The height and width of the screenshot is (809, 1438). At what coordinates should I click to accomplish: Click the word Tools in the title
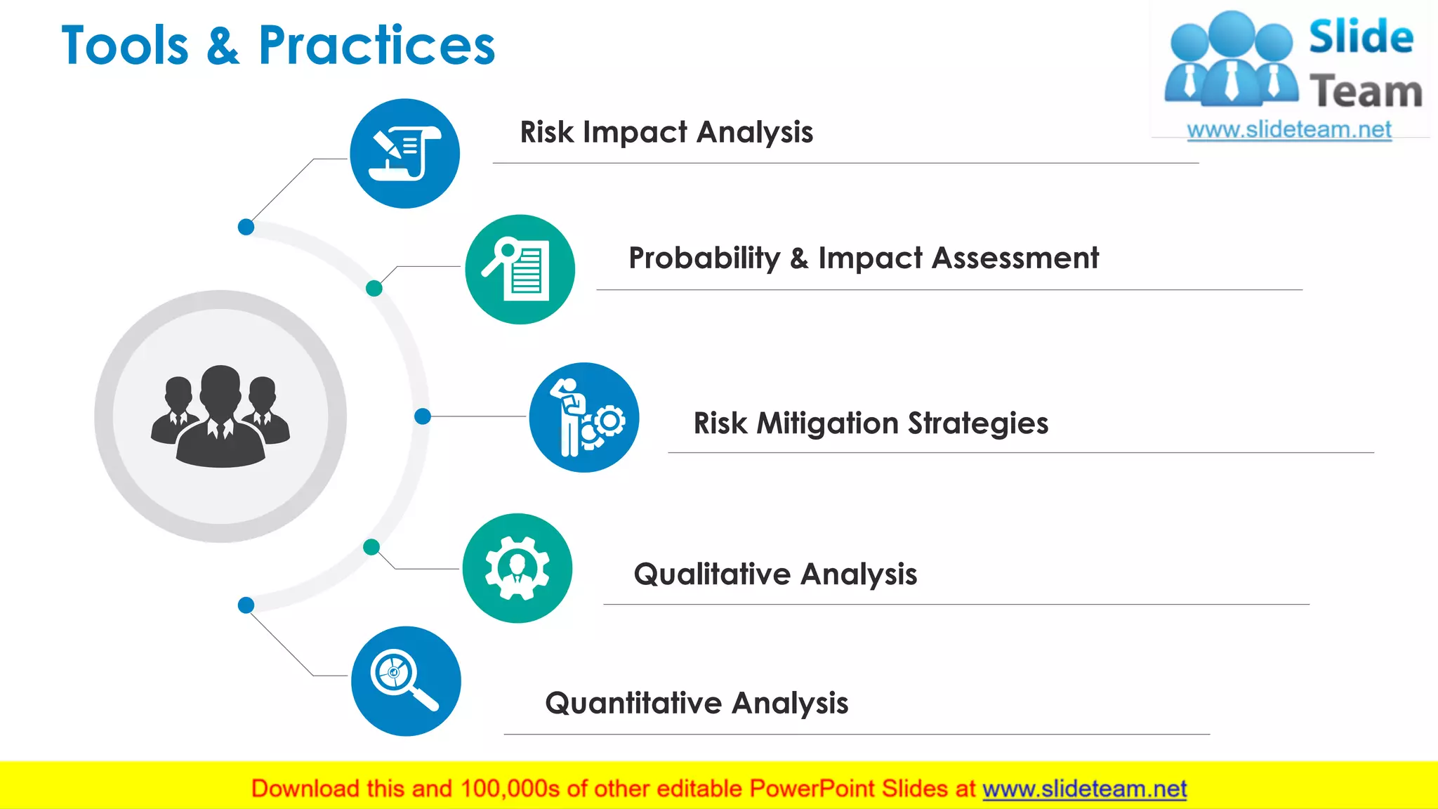[x=125, y=46]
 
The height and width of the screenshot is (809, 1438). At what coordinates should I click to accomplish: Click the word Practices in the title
[x=376, y=46]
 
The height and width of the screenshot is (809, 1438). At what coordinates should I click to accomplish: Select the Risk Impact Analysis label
[x=666, y=132]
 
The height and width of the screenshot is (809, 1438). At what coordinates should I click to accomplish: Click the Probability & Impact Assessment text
[x=863, y=258]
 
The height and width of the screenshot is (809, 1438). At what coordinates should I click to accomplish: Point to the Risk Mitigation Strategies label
[x=871, y=423]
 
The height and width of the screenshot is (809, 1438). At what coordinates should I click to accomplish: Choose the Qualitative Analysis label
[x=775, y=574]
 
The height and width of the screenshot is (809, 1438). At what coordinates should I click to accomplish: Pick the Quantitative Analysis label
[x=697, y=703]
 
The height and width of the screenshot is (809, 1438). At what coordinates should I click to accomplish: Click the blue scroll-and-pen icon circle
[x=405, y=153]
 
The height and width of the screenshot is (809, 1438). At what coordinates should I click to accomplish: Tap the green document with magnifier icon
[x=520, y=269]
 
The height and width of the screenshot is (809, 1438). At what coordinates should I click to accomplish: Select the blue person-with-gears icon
[x=584, y=417]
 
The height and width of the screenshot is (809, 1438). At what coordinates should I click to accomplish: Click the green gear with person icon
[x=517, y=568]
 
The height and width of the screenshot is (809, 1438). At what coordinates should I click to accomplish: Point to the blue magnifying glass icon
[x=406, y=680]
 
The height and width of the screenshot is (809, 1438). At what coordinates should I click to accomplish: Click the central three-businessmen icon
[x=220, y=416]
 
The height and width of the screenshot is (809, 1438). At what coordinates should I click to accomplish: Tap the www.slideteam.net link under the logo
[x=1288, y=130]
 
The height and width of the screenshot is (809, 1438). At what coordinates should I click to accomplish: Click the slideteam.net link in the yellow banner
[x=1084, y=789]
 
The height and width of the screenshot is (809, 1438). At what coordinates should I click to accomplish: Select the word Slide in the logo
[x=1361, y=37]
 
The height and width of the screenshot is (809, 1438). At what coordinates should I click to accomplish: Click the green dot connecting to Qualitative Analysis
[x=371, y=547]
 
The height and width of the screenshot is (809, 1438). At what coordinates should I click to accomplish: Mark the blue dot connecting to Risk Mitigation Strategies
[x=423, y=416]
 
